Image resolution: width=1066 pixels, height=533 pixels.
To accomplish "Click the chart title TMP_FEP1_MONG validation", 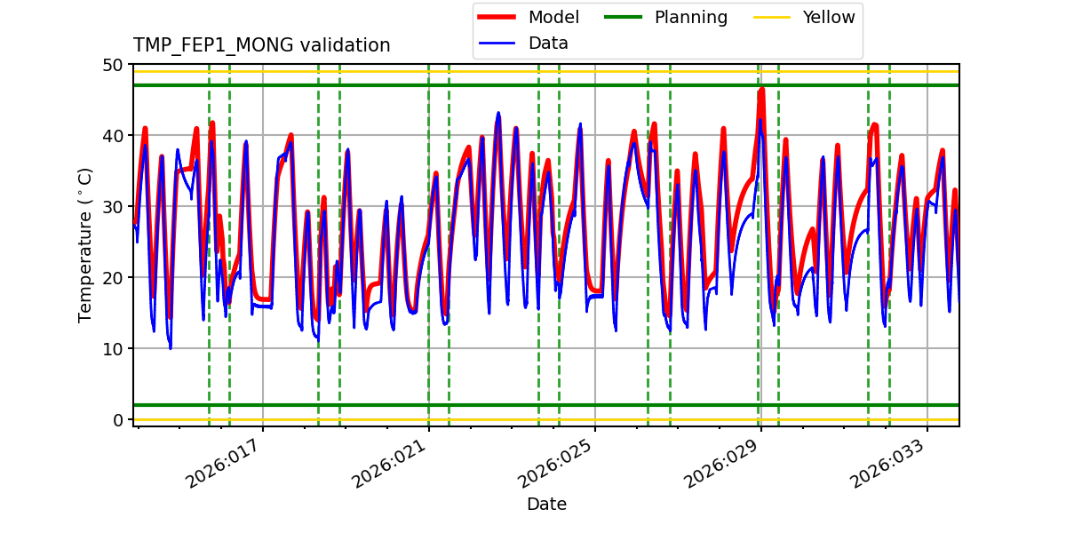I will pyautogui.click(x=261, y=45).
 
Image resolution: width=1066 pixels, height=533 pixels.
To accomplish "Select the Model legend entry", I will pyautogui.click(x=553, y=17).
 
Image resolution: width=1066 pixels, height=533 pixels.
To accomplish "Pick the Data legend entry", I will pyautogui.click(x=548, y=43).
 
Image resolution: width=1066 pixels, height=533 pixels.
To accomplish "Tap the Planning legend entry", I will pyautogui.click(x=690, y=17).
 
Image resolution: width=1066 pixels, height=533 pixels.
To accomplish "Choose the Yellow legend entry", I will pyautogui.click(x=828, y=17).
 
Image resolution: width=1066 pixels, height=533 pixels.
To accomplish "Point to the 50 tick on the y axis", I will pyautogui.click(x=113, y=65).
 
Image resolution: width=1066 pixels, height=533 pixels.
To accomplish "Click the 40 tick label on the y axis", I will pyautogui.click(x=113, y=136).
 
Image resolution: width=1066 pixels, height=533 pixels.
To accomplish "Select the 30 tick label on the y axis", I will pyautogui.click(x=113, y=207).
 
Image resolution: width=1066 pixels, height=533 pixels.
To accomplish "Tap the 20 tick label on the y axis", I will pyautogui.click(x=113, y=278).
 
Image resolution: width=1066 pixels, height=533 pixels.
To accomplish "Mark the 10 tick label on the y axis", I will pyautogui.click(x=113, y=348).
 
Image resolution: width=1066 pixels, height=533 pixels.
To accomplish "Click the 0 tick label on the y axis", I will pyautogui.click(x=118, y=419).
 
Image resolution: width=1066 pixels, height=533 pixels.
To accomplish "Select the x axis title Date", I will pyautogui.click(x=546, y=505).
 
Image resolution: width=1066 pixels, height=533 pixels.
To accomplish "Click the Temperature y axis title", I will pyautogui.click(x=85, y=244).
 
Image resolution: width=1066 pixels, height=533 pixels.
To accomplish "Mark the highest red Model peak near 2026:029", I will pyautogui.click(x=761, y=90).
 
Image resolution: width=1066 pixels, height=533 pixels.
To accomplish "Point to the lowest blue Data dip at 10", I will pyautogui.click(x=171, y=347).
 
